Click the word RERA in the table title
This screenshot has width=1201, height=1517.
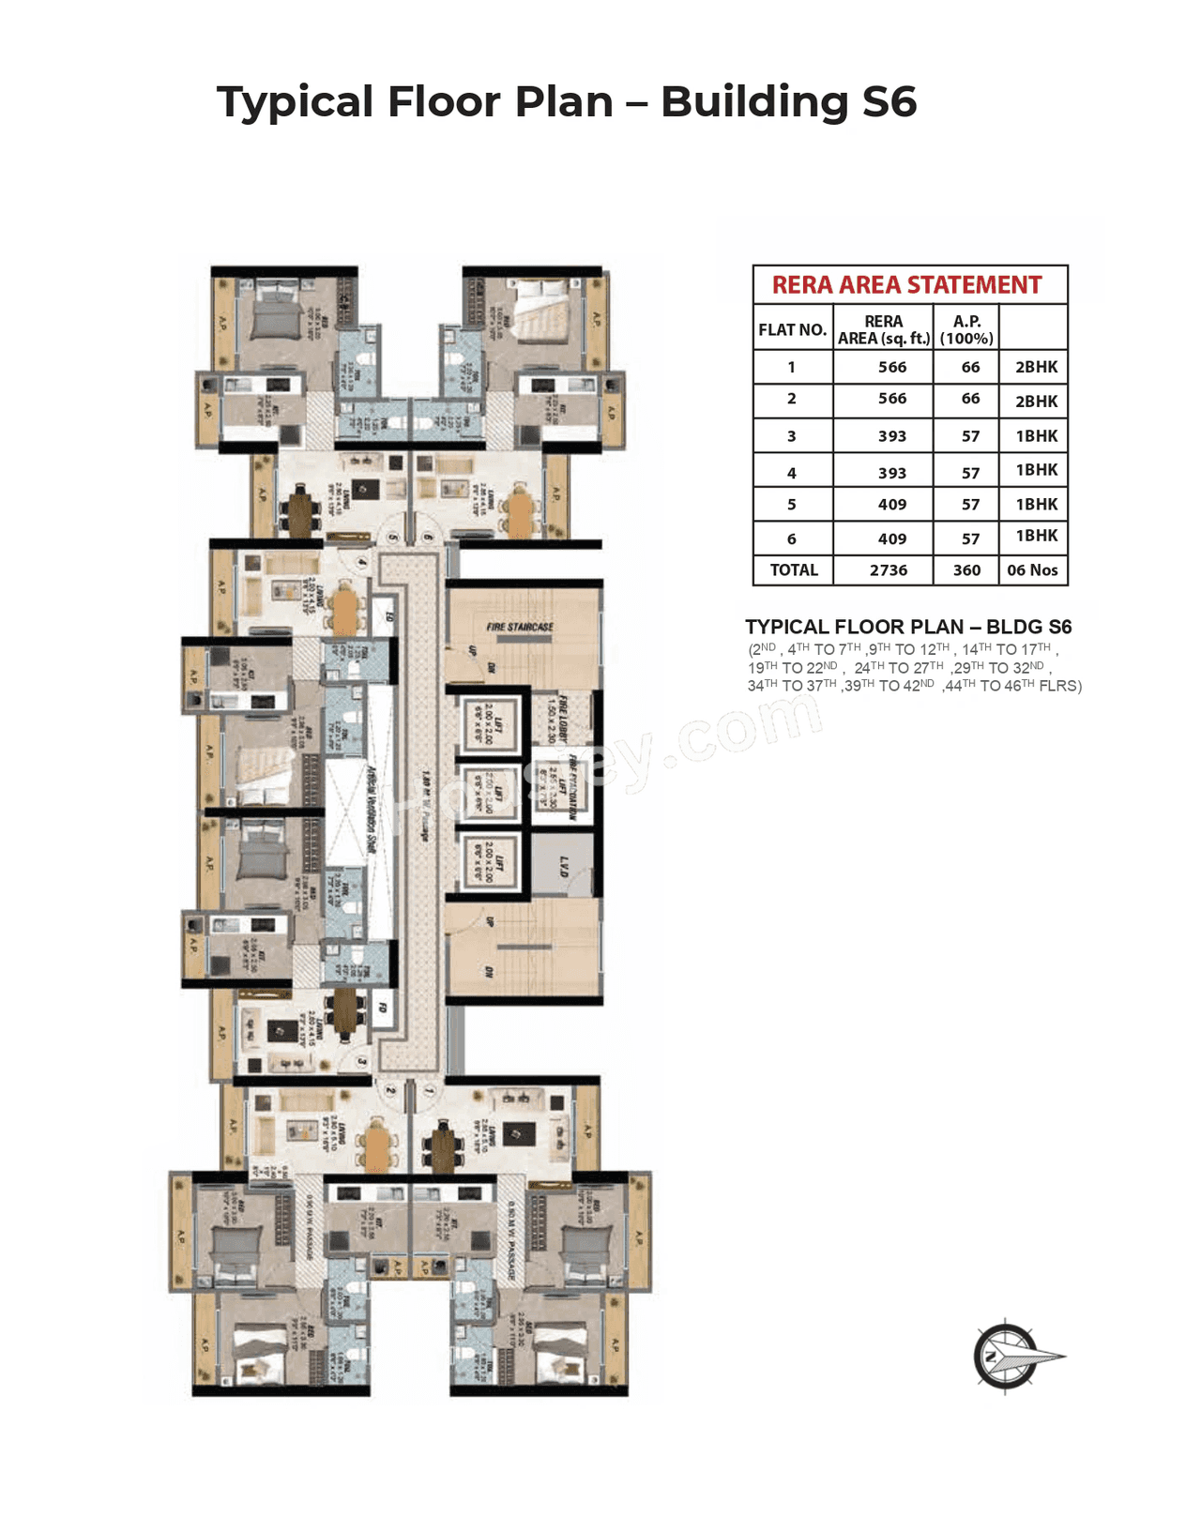click(802, 285)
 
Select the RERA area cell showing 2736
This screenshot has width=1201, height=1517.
click(888, 570)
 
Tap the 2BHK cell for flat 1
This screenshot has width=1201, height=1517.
click(1036, 368)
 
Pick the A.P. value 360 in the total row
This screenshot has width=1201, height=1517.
click(966, 570)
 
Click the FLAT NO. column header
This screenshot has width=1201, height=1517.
click(792, 330)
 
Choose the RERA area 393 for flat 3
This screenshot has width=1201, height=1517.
click(891, 436)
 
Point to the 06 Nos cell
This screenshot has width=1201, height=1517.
click(1032, 570)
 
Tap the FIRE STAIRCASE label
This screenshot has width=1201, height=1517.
click(520, 627)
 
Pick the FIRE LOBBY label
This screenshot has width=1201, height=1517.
click(564, 718)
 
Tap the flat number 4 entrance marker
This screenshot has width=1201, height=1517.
click(362, 563)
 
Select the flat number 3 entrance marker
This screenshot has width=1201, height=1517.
click(362, 1062)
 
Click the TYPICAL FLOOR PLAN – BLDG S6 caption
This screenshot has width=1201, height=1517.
click(907, 627)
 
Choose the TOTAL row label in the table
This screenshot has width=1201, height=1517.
click(794, 570)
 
